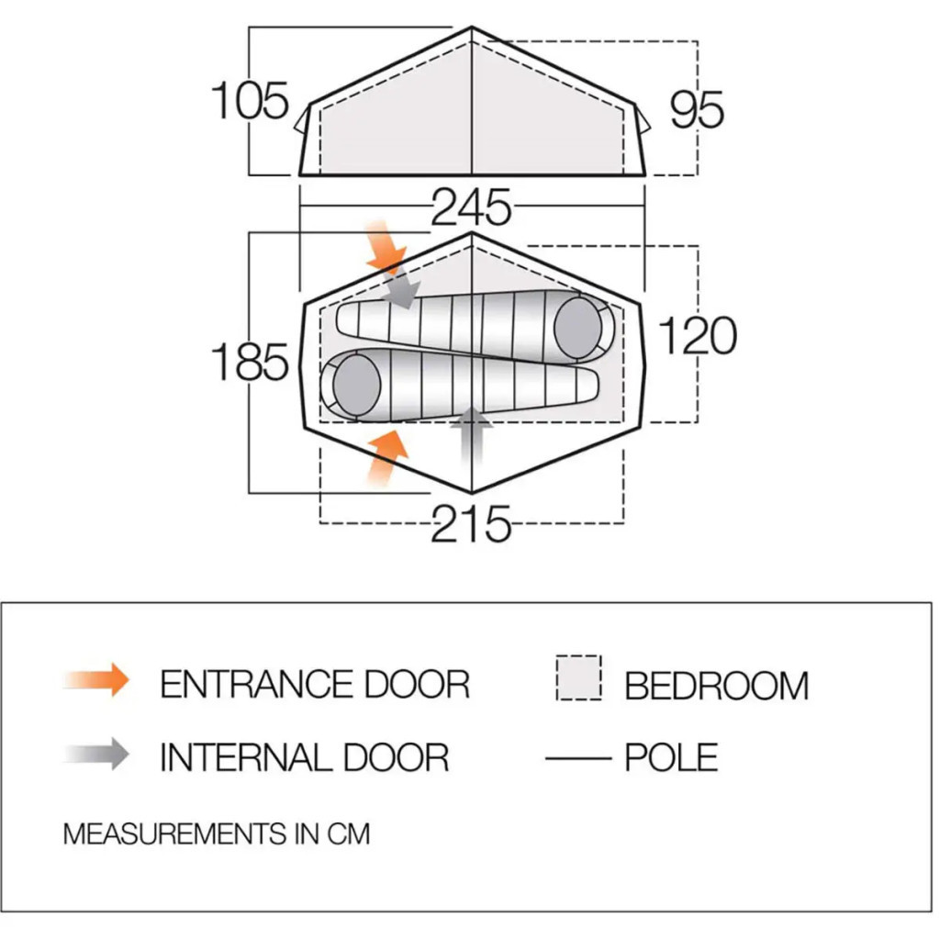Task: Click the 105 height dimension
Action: point(251,101)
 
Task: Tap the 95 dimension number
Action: point(697,110)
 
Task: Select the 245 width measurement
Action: point(471,207)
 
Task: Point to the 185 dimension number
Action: point(250,362)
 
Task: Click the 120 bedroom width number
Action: point(698,335)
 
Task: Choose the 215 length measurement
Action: point(471,524)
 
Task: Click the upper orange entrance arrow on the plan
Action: point(385,247)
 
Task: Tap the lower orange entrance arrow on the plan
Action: point(386,457)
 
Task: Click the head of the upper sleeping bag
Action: point(577,328)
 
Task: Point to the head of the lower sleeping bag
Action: point(357,385)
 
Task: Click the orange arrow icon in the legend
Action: point(97,680)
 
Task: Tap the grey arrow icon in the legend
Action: point(97,754)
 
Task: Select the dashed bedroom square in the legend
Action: point(578,677)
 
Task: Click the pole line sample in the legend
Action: point(578,758)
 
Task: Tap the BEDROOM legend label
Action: point(717,685)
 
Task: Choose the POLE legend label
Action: point(671,757)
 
